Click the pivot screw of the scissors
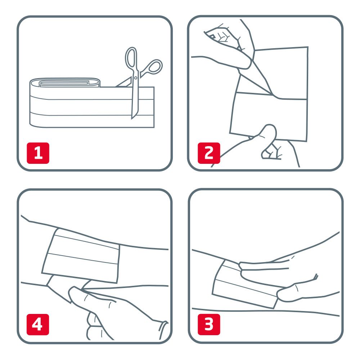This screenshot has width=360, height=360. pos(136,77)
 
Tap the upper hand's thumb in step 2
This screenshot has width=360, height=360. pos(238,61)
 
